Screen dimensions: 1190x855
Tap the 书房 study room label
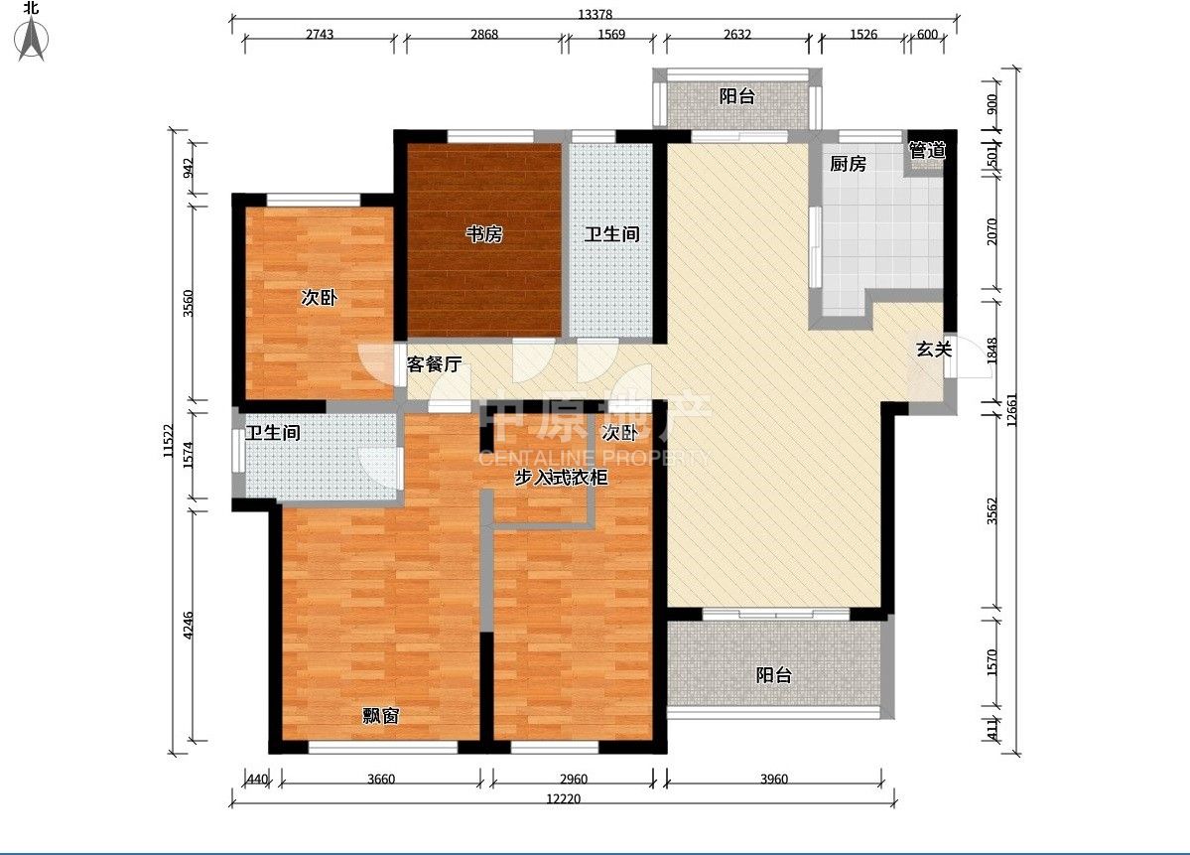coord(484,234)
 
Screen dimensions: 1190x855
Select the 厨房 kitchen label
coord(848,163)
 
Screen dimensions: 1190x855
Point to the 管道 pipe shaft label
coord(927,150)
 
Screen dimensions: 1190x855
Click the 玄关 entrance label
coord(934,350)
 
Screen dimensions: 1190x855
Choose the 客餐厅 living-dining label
coord(434,364)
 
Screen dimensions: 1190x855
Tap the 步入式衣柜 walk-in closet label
coord(561,478)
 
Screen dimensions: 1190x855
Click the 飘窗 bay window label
coord(380,715)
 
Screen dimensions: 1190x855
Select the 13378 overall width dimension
coord(595,14)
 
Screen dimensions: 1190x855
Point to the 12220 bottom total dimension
coord(563,798)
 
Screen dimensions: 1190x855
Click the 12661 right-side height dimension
coord(1011,411)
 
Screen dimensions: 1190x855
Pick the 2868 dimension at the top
coord(484,34)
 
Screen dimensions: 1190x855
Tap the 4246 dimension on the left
coord(189,625)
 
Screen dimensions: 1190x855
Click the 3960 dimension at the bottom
coord(774,780)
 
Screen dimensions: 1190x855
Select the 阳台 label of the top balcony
coord(736,96)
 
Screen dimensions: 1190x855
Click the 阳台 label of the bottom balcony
coord(774,675)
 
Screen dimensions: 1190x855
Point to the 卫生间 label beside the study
coord(611,234)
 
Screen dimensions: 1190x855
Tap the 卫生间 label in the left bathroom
coord(273,433)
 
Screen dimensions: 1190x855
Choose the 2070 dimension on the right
coord(992,230)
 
